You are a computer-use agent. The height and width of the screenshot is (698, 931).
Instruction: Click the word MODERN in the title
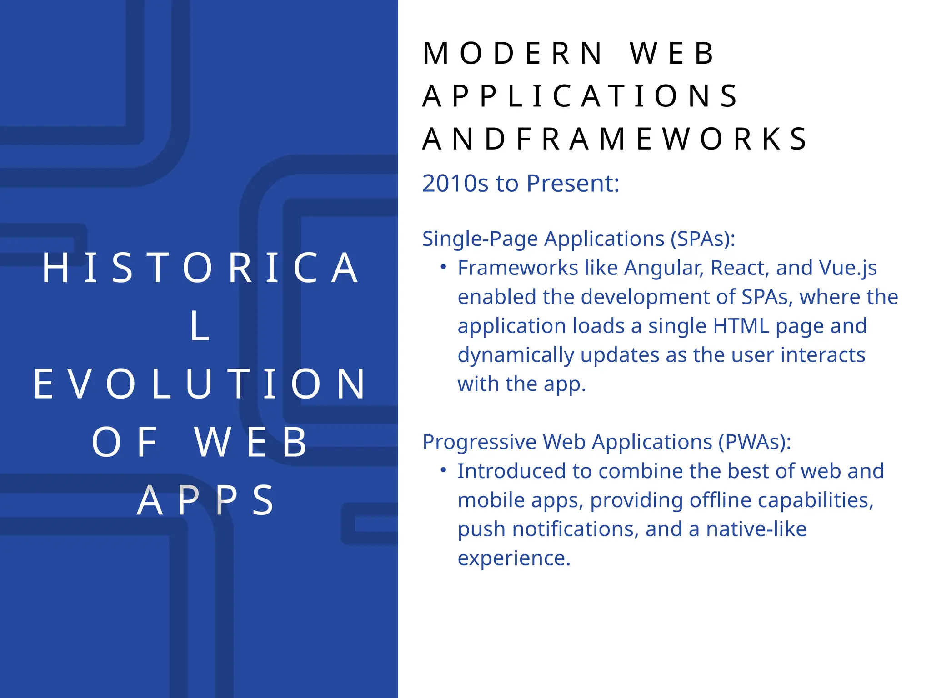(512, 54)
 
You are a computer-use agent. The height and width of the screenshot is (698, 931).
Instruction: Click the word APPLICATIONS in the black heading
(580, 96)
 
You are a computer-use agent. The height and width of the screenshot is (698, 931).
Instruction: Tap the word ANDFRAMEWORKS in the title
(615, 139)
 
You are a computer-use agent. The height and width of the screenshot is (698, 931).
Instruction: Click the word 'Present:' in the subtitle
(573, 184)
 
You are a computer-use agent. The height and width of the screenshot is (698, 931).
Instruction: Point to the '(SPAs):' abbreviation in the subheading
(703, 239)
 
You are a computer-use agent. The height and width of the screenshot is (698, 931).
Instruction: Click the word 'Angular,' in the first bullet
(664, 268)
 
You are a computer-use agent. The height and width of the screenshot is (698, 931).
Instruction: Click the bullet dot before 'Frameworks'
(443, 267)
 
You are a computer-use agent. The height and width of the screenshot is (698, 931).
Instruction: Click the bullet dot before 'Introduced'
(443, 470)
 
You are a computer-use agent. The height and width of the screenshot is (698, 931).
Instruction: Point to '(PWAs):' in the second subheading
(755, 442)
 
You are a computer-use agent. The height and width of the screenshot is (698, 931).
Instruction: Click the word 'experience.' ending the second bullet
(514, 558)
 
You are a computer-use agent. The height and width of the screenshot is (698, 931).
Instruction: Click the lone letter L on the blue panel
(200, 326)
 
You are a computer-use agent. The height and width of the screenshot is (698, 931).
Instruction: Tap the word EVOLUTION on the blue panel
(200, 384)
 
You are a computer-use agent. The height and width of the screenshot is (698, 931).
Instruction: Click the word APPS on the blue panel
(205, 501)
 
